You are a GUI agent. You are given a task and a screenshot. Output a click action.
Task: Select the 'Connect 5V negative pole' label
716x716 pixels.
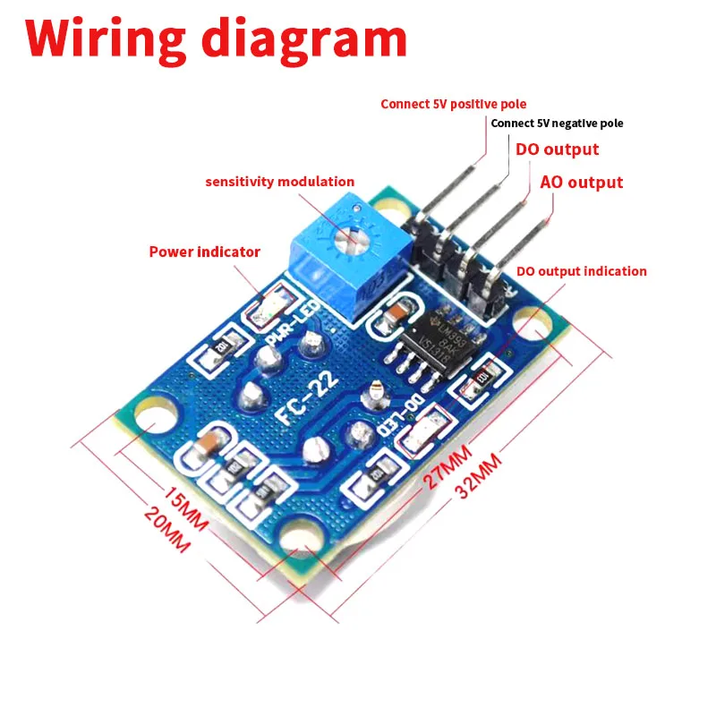(x=557, y=124)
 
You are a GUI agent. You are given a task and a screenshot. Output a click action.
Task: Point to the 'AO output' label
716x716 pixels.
(x=582, y=182)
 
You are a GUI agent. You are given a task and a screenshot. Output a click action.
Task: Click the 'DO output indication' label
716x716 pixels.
(x=582, y=271)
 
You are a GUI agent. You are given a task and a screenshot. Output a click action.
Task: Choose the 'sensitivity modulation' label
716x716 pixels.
(x=280, y=182)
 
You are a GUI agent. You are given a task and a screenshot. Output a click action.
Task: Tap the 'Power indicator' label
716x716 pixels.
(x=204, y=251)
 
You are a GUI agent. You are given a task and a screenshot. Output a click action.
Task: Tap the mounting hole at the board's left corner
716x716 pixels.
(x=146, y=424)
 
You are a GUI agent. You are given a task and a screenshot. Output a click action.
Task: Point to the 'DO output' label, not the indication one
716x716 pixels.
(x=557, y=149)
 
